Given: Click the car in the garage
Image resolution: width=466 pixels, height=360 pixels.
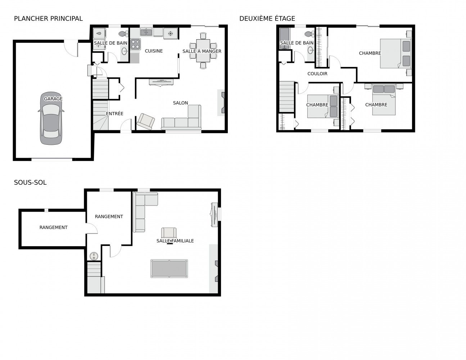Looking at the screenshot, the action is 51,118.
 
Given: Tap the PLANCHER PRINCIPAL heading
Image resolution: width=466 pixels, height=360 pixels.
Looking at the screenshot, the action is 48,19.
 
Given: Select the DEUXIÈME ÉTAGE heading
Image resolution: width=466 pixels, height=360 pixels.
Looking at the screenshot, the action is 267,19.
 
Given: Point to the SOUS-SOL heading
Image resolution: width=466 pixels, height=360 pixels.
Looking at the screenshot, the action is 30,183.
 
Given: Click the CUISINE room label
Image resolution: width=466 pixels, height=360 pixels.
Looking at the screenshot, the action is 154,51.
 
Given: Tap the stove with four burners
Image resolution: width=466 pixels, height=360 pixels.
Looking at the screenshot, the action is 136,44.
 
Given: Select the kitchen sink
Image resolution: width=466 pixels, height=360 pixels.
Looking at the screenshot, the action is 146,32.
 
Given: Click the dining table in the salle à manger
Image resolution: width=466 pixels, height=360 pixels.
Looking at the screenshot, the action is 203,51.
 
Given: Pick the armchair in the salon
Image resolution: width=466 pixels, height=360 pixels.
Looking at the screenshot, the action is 146,121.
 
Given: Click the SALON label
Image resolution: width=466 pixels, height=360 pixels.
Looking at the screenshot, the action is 181,103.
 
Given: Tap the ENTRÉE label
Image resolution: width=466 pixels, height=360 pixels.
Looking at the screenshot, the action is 115,113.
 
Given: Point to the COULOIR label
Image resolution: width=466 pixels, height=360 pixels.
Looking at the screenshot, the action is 317,74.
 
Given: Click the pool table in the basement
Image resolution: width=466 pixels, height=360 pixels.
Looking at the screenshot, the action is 169,269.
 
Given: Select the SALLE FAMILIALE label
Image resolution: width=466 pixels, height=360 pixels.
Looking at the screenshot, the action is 175,241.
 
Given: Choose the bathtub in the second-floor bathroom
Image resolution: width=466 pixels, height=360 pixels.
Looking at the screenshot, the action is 285,39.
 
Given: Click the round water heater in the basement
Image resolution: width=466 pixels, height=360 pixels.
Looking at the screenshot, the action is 94,256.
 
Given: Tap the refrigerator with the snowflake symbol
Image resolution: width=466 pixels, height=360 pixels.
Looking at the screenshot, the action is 171,33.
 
